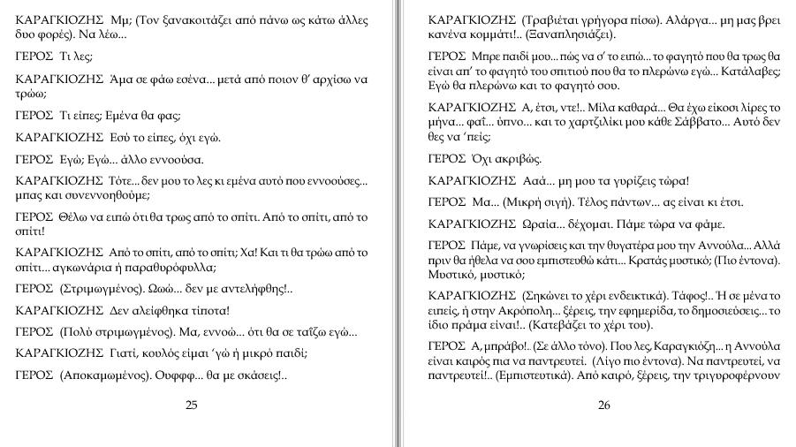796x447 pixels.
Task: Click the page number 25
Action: click(191, 405)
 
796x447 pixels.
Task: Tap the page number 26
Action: click(604, 405)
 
